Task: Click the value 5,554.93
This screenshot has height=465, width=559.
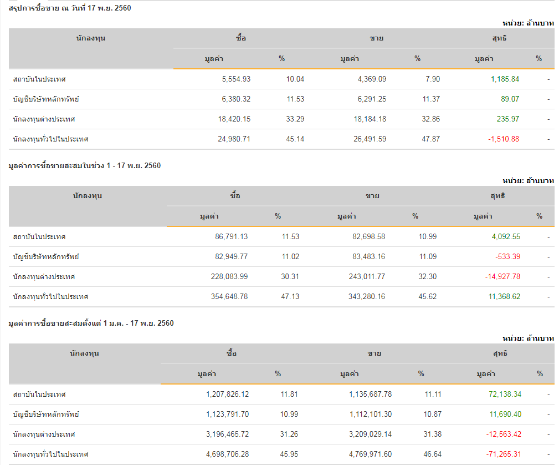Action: pos(236,79)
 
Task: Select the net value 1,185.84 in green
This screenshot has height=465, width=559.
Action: pos(505,79)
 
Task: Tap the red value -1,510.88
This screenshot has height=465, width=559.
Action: pos(504,139)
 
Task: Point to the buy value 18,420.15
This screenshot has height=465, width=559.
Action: pos(234,119)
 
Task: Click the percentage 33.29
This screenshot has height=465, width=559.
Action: pos(295,119)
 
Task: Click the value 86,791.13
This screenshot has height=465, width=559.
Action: pos(232,236)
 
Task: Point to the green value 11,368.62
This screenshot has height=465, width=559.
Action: pos(504,296)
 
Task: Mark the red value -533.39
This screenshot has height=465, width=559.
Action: pos(507,256)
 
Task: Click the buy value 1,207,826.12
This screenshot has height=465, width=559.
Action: pos(227,394)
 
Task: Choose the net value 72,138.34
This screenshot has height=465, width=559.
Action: pos(505,394)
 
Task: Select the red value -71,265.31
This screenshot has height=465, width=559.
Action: pos(504,454)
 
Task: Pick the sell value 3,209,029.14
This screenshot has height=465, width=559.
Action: pos(371,434)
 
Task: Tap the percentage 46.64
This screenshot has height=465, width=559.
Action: pos(433,454)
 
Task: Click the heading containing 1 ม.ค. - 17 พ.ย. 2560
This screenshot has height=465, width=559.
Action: pos(91,323)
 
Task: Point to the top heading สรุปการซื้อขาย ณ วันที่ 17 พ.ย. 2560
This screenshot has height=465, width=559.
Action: pos(70,8)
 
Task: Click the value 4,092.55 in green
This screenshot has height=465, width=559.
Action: pos(506,236)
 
